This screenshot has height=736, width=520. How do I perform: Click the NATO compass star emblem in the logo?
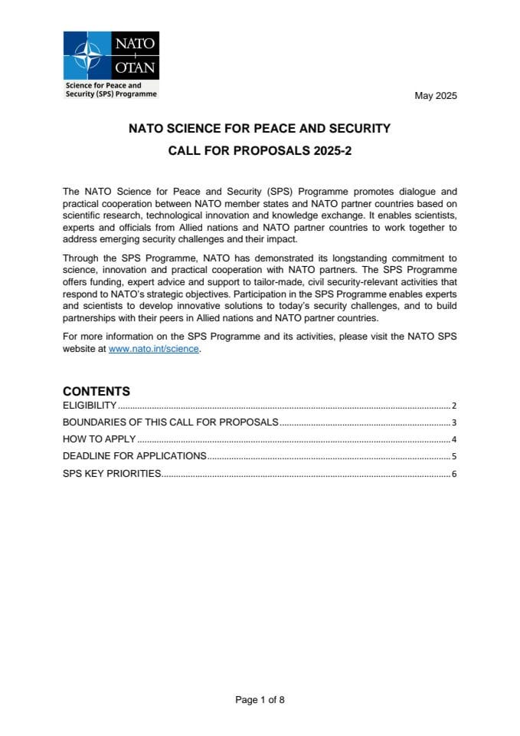(87, 56)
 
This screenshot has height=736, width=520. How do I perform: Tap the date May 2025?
(435, 96)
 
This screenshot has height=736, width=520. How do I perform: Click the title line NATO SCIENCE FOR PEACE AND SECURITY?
(260, 129)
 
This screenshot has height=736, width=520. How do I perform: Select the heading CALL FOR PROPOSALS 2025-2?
(260, 151)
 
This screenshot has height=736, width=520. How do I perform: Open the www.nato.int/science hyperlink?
(154, 349)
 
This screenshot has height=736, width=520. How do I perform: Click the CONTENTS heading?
(96, 391)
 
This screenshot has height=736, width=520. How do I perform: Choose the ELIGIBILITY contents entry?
(90, 406)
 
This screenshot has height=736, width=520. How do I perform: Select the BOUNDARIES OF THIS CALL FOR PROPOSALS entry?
(170, 422)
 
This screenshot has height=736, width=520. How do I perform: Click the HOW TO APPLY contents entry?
(99, 439)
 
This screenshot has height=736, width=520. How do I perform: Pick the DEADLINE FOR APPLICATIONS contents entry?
(134, 456)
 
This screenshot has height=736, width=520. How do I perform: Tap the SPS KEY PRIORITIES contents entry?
(112, 474)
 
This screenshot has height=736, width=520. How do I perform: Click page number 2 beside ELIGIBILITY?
(454, 406)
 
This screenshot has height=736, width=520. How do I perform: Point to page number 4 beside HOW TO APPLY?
(454, 440)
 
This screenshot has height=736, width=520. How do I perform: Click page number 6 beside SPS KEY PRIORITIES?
(454, 475)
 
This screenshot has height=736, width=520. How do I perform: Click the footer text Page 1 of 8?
(260, 699)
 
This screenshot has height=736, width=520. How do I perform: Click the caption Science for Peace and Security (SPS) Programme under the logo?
(111, 90)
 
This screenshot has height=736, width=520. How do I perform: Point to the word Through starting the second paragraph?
(80, 259)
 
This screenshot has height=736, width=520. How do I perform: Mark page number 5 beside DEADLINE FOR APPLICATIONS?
(454, 457)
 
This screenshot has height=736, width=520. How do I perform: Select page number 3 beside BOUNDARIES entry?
(454, 423)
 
